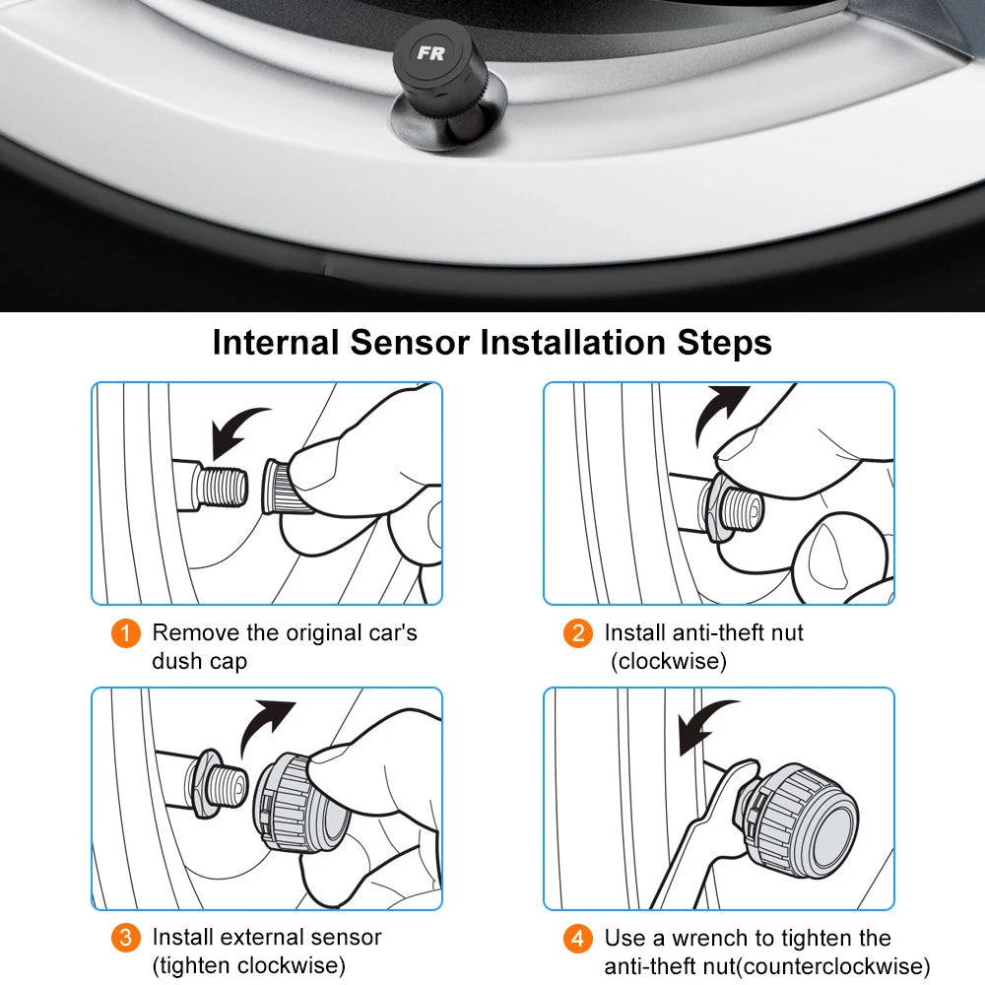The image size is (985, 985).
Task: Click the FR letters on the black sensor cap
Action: click(x=429, y=53)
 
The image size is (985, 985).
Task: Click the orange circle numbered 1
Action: click(x=125, y=633)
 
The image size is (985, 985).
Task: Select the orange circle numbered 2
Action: click(x=578, y=633)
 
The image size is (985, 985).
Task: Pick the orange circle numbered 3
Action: click(x=125, y=938)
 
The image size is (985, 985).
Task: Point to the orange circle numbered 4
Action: click(x=578, y=938)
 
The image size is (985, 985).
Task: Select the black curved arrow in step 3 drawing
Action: click(x=267, y=725)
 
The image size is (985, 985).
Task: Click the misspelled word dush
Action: click(x=178, y=661)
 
